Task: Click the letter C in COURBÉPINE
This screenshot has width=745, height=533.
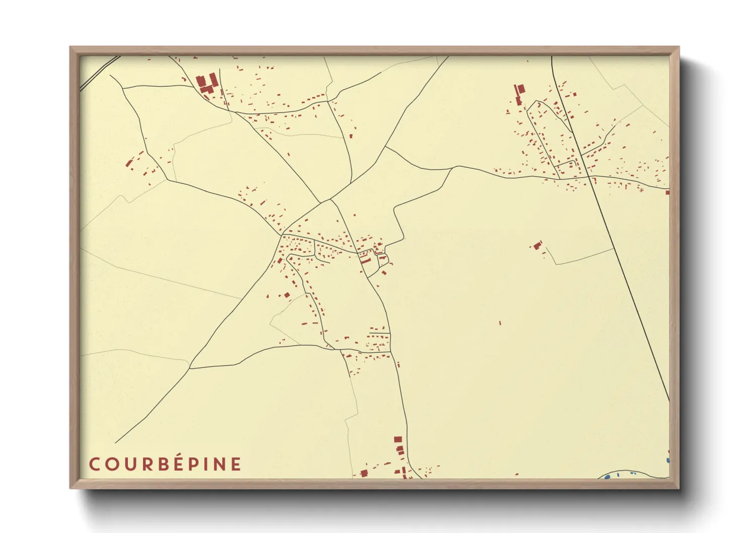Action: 94,464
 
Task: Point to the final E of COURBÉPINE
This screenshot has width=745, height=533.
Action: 236,464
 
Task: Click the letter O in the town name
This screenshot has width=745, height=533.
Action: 110,464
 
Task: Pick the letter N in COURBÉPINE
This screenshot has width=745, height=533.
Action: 220,464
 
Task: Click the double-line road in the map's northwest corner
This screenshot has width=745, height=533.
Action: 99,73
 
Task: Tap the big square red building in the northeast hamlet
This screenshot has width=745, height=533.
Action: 521,89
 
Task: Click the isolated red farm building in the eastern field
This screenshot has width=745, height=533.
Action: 538,245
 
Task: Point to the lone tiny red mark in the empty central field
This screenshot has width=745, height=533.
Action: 500,323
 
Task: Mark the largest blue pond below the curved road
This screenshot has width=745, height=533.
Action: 608,476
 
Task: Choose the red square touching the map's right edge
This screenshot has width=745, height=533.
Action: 667,192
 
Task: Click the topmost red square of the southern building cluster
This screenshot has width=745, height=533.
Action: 398,439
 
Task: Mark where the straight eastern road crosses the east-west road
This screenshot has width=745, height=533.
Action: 588,177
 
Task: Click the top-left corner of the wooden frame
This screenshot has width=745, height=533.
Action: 70,47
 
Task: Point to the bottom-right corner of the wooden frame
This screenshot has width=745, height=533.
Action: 679,488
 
